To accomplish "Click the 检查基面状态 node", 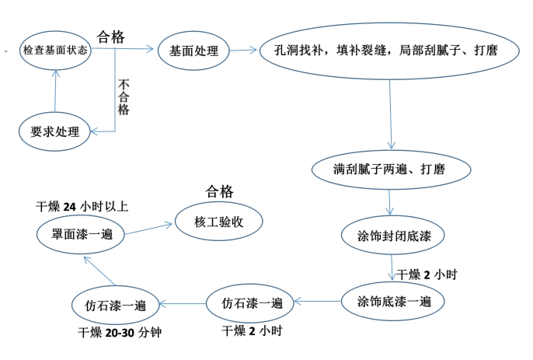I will tap(56, 50).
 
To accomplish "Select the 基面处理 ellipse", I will tap(193, 52).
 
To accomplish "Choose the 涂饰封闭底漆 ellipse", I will tap(389, 235).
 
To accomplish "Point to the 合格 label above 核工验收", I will tap(219, 192).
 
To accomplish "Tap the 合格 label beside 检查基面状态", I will tap(112, 37).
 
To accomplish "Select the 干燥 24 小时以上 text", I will tap(83, 207).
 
